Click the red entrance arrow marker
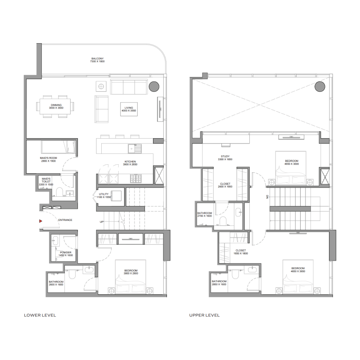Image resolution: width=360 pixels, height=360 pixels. pos(40,221)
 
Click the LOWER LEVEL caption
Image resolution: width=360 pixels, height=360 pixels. pos(40,315)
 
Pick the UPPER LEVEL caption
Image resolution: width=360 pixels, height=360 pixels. pos(205,315)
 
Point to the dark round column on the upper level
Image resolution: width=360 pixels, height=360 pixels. pos(320,86)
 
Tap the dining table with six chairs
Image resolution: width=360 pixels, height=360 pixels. pos(56,106)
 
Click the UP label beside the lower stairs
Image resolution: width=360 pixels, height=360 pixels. pos(102,222)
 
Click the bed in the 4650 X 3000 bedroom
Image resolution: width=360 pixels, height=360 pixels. pos(291,171)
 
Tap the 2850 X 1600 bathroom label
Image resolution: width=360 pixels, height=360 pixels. pos(219,283)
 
